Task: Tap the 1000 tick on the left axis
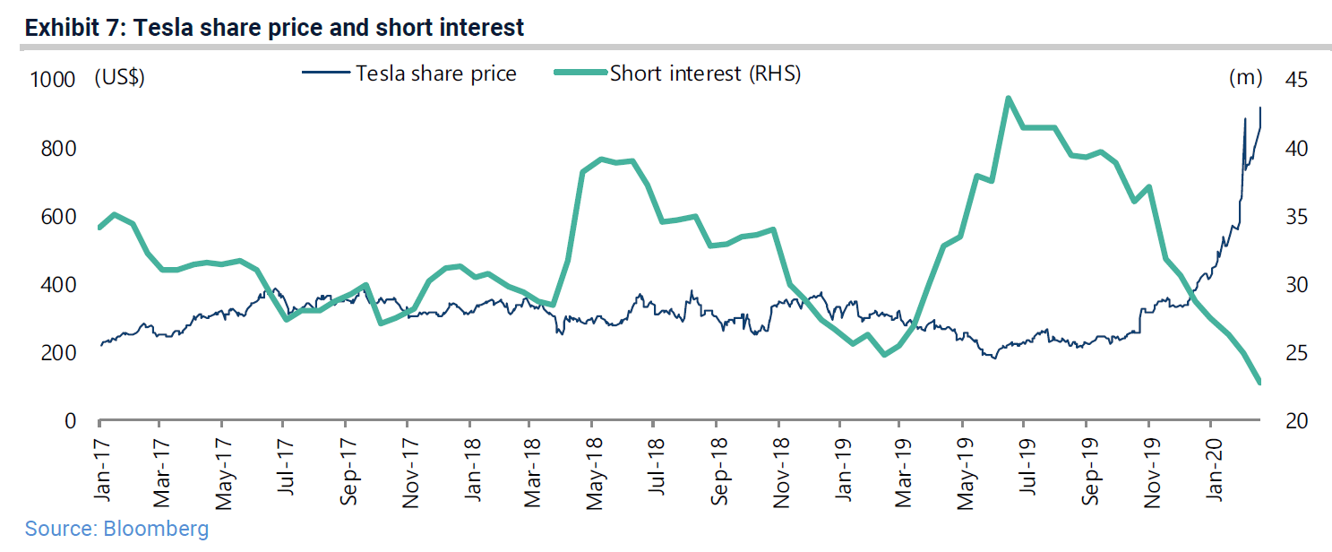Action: pos(53,80)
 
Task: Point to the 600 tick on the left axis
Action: pos(58,217)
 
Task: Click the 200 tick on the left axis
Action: pos(58,353)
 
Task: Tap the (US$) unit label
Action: pos(119,78)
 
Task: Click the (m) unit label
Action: pos(1245,78)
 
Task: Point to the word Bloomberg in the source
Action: pos(156,529)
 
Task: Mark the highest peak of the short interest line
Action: pos(1009,98)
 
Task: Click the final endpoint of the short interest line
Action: pos(1259,383)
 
